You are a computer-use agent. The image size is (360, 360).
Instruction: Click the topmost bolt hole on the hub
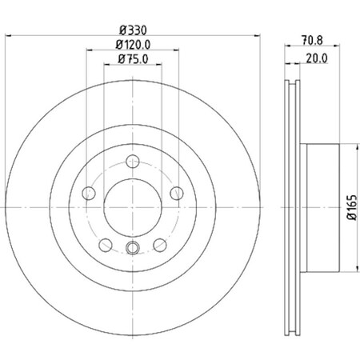[x=133, y=162]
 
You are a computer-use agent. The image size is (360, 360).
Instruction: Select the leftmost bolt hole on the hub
[x=89, y=192]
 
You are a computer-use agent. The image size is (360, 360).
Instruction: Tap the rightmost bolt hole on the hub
[x=176, y=192]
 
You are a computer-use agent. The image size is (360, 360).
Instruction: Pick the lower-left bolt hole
[x=106, y=245]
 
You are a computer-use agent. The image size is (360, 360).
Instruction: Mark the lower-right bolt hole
[x=160, y=245]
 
